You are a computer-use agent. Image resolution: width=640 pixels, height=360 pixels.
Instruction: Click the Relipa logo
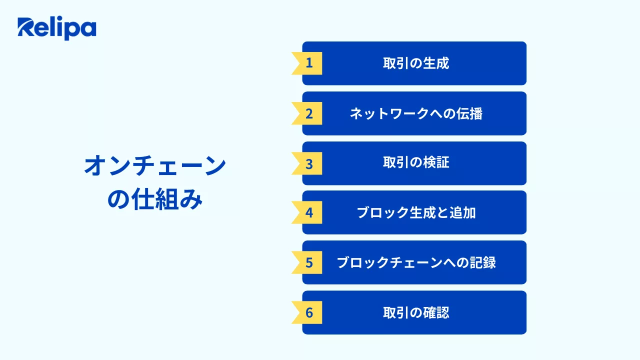56,28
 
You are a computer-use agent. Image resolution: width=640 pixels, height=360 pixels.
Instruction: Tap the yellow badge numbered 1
308,63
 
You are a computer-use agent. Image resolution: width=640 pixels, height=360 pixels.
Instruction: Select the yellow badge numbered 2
308,113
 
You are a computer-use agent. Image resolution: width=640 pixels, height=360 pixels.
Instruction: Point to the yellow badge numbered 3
308,163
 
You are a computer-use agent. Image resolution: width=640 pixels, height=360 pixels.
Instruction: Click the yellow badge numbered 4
308,212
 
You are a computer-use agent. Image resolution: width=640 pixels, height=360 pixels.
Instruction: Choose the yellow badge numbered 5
308,262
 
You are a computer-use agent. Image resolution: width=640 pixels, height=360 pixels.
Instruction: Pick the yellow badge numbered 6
308,312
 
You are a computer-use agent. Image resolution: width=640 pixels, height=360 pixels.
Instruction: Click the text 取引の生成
416,63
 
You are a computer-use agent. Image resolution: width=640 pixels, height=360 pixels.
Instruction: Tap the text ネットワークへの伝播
416,113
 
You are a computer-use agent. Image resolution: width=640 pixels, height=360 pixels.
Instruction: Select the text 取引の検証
416,163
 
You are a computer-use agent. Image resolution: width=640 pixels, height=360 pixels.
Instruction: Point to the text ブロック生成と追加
416,212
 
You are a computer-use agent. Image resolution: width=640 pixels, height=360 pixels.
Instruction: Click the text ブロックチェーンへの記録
416,262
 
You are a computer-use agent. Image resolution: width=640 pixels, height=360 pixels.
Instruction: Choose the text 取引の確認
416,312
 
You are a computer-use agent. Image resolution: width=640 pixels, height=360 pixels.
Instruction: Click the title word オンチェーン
155,166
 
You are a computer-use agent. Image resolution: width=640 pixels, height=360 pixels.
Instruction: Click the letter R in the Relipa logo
25,28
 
